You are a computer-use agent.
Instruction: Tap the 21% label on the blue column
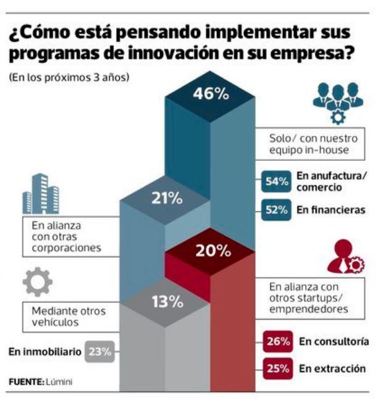click(167, 199)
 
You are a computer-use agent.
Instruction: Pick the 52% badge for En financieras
click(276, 210)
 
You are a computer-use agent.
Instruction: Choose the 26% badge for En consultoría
click(276, 341)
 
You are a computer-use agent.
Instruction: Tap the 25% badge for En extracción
click(276, 369)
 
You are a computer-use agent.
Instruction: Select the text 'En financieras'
click(330, 210)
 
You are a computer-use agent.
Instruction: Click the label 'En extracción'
click(332, 369)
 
